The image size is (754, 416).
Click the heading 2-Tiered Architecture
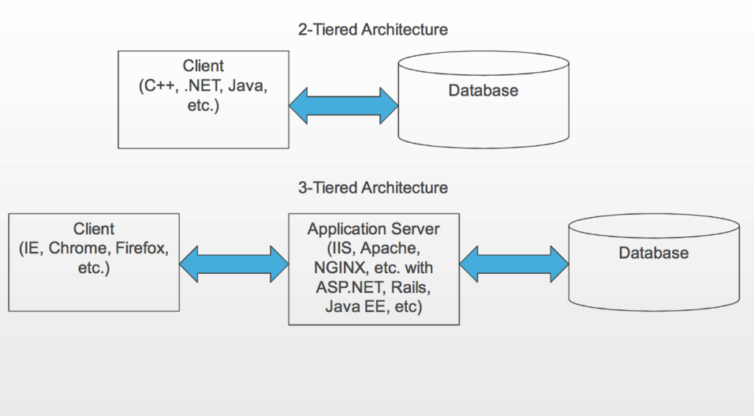[373, 30]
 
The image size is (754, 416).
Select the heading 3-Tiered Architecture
[373, 188]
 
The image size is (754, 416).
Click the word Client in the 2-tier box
[203, 67]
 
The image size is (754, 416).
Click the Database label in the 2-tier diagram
[483, 91]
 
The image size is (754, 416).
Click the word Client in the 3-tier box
[94, 229]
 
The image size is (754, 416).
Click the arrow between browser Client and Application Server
[233, 264]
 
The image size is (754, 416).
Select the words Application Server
[373, 229]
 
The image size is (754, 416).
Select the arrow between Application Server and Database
[514, 264]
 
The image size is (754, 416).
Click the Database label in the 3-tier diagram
[653, 253]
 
